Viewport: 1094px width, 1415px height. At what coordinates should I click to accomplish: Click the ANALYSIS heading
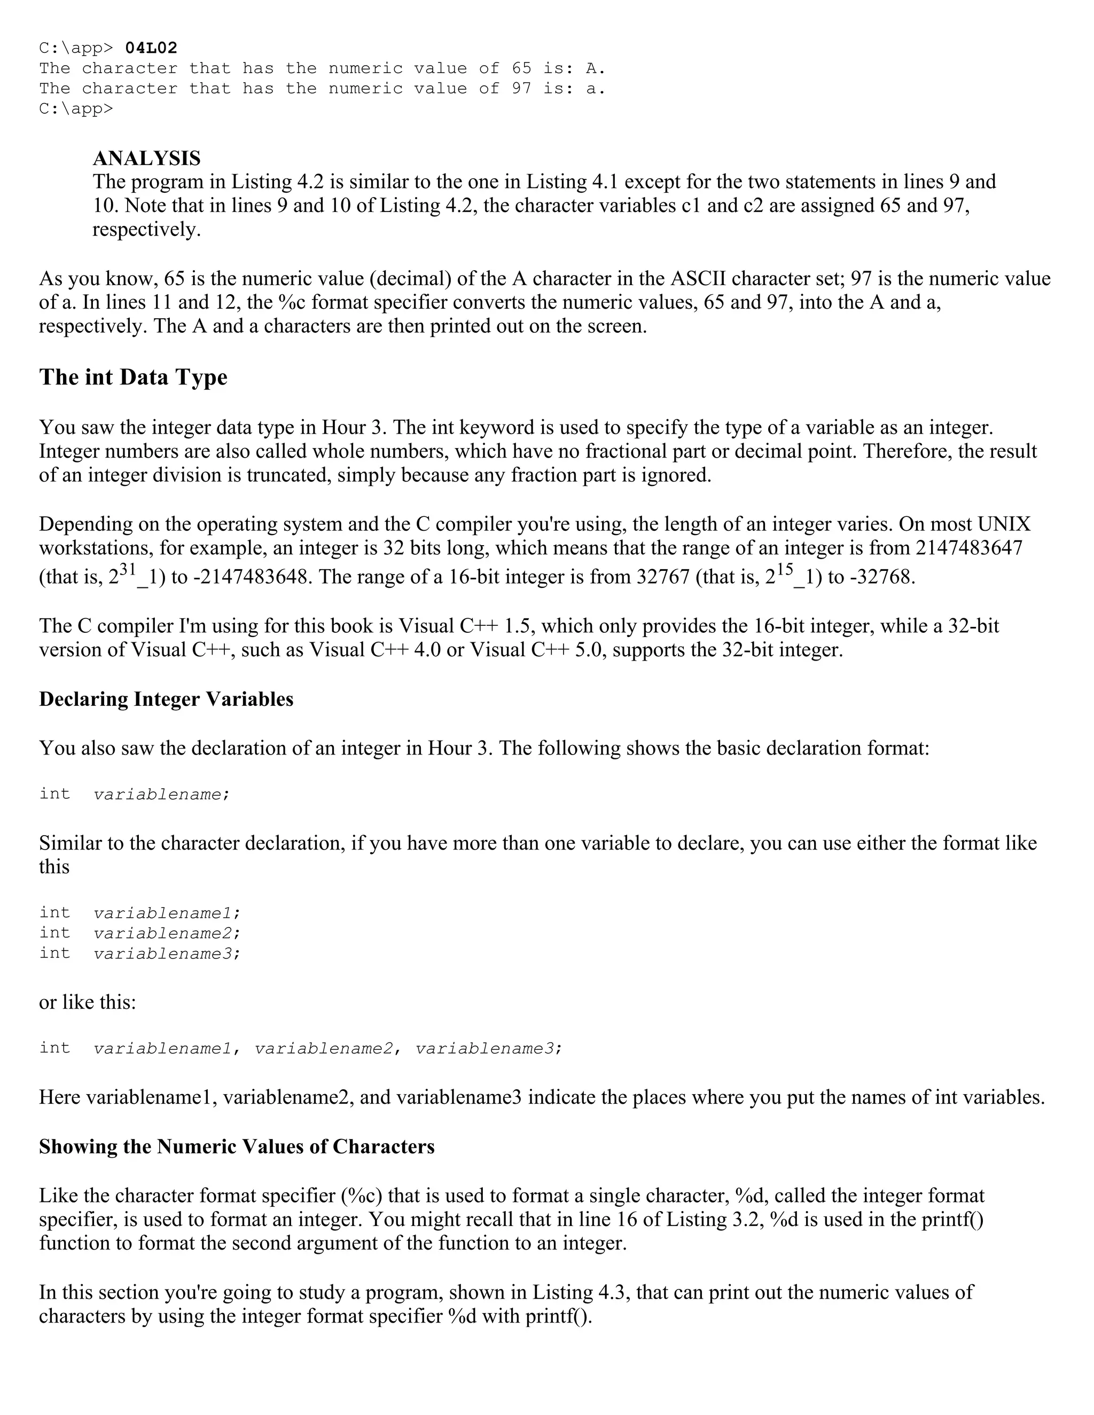tap(146, 158)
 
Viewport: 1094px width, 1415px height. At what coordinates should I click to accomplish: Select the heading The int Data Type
tap(133, 377)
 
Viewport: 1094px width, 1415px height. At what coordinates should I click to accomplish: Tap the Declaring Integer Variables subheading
tap(166, 699)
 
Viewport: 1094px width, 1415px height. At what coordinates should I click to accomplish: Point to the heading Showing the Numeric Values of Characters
tap(237, 1147)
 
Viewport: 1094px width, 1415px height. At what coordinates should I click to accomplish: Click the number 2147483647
tap(969, 548)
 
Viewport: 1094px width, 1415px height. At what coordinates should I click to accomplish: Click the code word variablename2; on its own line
tap(167, 933)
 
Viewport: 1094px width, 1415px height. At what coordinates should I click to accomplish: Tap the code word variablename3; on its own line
tap(167, 954)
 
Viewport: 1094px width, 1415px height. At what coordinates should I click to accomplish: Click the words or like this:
tap(88, 1002)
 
